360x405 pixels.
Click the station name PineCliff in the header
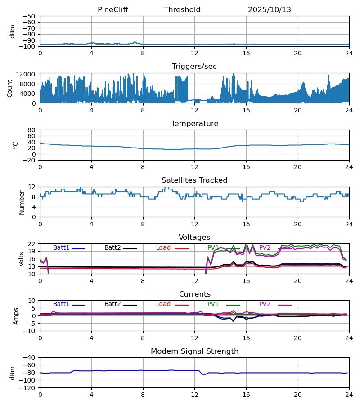click(113, 10)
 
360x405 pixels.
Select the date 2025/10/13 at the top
click(270, 10)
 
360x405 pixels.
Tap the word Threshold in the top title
click(182, 10)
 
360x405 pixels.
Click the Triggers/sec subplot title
click(194, 67)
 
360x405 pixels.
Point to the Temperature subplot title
click(194, 124)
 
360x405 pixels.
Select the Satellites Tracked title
click(194, 180)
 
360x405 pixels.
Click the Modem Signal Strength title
click(194, 351)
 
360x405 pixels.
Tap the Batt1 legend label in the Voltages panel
click(61, 248)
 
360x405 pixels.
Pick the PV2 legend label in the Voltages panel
click(265, 248)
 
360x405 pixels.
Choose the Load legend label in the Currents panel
click(163, 304)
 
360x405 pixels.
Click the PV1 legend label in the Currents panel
click(213, 304)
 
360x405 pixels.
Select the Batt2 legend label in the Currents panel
click(112, 304)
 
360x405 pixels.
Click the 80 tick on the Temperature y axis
click(32, 130)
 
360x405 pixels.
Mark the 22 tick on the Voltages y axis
click(32, 244)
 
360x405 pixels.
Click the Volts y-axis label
click(21, 259)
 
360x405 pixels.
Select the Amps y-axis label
click(17, 316)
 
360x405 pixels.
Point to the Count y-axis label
click(10, 88)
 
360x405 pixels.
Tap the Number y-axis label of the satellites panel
click(22, 202)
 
